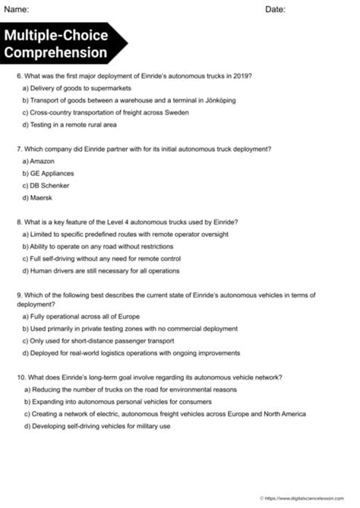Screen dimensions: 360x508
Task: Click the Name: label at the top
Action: point(17,10)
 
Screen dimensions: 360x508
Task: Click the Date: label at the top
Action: point(275,10)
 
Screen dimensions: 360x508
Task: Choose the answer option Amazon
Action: point(39,161)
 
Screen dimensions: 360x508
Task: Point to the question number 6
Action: point(18,77)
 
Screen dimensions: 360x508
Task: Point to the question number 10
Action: point(19,377)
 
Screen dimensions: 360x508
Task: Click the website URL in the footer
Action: point(311,498)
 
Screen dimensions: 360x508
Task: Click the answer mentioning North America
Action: point(164,414)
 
